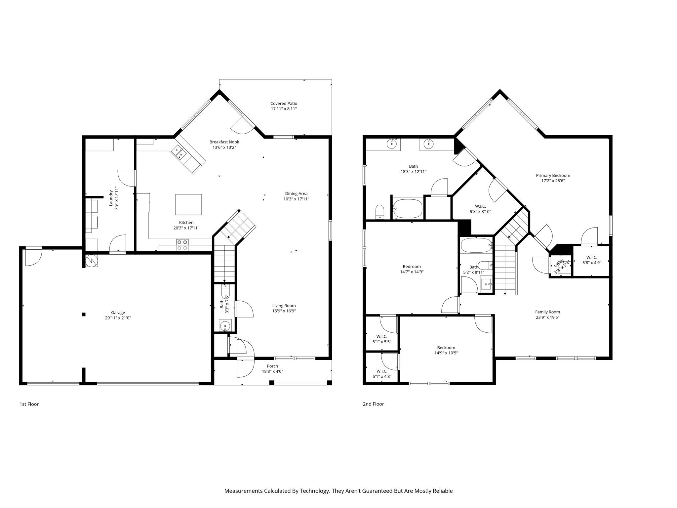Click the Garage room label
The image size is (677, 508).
click(118, 313)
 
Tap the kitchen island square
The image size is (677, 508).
click(188, 204)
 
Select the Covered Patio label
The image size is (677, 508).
click(284, 104)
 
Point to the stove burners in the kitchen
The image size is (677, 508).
click(182, 245)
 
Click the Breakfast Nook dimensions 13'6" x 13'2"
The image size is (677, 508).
click(224, 148)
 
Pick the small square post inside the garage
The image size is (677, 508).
click(84, 315)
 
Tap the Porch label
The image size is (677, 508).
click(272, 366)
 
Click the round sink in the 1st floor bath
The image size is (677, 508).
click(225, 326)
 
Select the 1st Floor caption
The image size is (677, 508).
click(29, 404)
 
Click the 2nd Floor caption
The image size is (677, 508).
click(374, 404)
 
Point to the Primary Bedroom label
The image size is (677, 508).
click(553, 176)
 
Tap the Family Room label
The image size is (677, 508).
click(547, 312)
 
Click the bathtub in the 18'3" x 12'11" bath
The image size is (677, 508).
click(408, 208)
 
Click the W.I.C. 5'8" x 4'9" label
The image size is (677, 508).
click(592, 260)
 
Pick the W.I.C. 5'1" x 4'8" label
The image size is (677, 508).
click(382, 374)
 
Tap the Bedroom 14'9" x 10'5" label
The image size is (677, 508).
click(446, 350)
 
